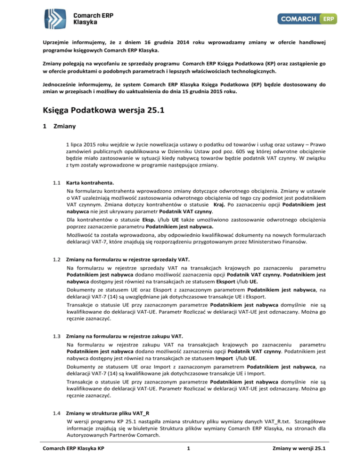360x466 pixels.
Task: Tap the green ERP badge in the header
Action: [328, 19]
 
